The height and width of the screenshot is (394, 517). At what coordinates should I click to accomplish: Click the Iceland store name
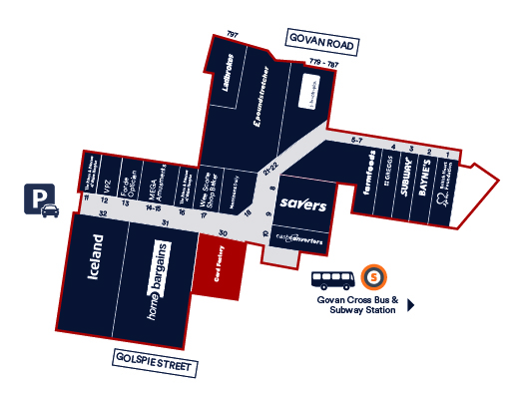point(97,255)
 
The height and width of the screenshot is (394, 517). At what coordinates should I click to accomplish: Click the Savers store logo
point(302,204)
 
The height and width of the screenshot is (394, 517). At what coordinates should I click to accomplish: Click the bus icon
point(331,279)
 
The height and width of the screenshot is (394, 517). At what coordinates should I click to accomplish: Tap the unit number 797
point(233,35)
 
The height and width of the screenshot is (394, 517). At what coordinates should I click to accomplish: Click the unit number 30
point(224,232)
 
